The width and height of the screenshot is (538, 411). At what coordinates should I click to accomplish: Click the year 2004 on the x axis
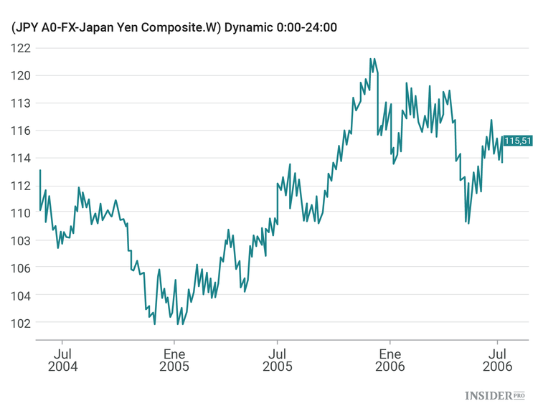point(62,367)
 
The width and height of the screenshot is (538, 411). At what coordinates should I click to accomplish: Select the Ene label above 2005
point(174,354)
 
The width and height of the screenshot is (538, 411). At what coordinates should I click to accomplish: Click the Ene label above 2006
point(390,354)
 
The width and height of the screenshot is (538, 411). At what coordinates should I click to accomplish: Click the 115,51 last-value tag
point(517,141)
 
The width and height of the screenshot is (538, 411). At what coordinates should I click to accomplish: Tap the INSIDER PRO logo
point(495,395)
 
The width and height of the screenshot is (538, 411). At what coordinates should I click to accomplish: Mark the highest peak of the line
point(370,59)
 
